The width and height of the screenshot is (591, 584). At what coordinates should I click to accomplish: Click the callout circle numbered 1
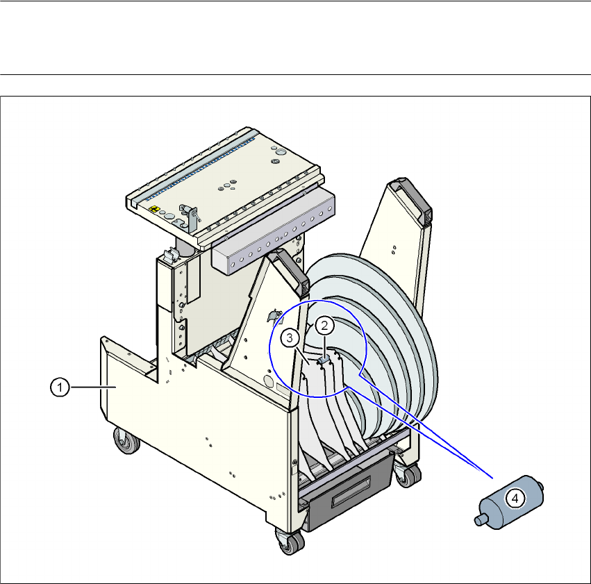60,387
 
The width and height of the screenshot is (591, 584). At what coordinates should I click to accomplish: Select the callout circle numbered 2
324,326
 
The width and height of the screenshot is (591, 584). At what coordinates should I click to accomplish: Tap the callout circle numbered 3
290,338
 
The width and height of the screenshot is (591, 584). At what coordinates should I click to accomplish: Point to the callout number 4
515,499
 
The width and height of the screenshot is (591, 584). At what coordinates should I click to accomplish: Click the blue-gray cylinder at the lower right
509,502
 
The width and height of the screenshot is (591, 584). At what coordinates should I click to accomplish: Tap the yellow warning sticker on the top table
154,209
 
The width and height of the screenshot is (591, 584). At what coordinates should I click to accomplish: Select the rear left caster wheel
127,441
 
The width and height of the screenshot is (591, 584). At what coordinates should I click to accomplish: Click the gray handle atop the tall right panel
413,198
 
